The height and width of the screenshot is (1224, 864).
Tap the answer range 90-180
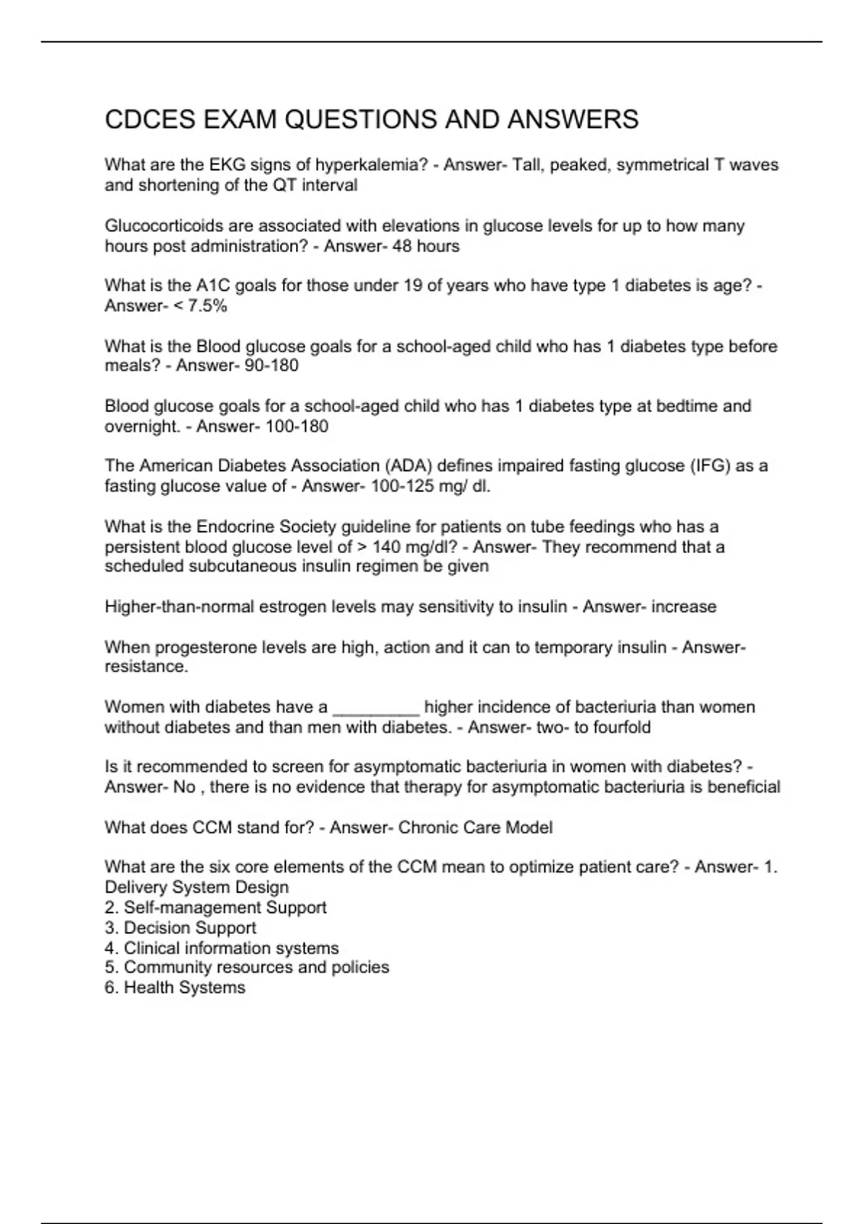pos(271,366)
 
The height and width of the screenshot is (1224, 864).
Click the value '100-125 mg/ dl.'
pos(431,486)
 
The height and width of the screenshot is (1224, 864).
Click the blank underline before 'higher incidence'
pos(376,707)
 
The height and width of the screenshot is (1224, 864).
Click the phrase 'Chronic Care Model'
pos(475,827)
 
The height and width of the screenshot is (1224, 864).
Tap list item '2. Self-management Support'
pos(215,907)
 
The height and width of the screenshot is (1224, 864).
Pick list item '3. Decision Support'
pos(180,927)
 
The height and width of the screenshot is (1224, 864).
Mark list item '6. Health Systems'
pos(175,987)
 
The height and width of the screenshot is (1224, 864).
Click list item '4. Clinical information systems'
pos(222,948)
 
